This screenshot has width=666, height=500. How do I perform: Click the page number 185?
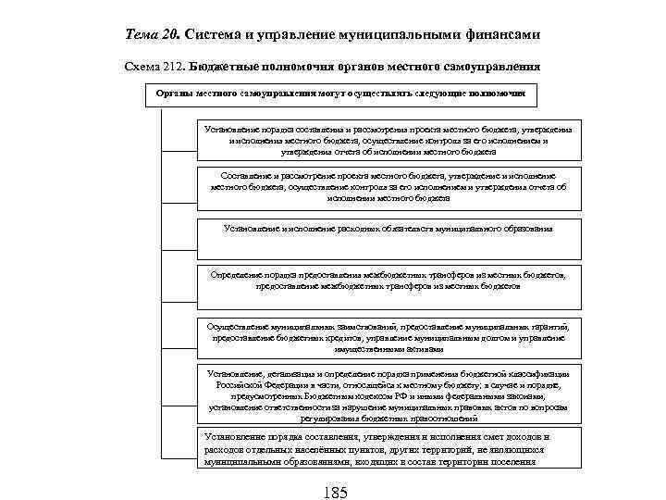[335, 492]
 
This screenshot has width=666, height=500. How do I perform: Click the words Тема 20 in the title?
[153, 34]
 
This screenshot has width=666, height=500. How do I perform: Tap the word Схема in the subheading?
[141, 68]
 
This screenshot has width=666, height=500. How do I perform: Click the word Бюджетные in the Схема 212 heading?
[220, 68]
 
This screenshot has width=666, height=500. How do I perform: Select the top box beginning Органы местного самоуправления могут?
[341, 94]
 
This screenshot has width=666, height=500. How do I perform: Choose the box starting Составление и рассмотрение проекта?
[388, 186]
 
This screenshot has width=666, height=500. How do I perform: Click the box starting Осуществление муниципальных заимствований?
[388, 338]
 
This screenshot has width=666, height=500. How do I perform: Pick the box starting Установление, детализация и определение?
[388, 393]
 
